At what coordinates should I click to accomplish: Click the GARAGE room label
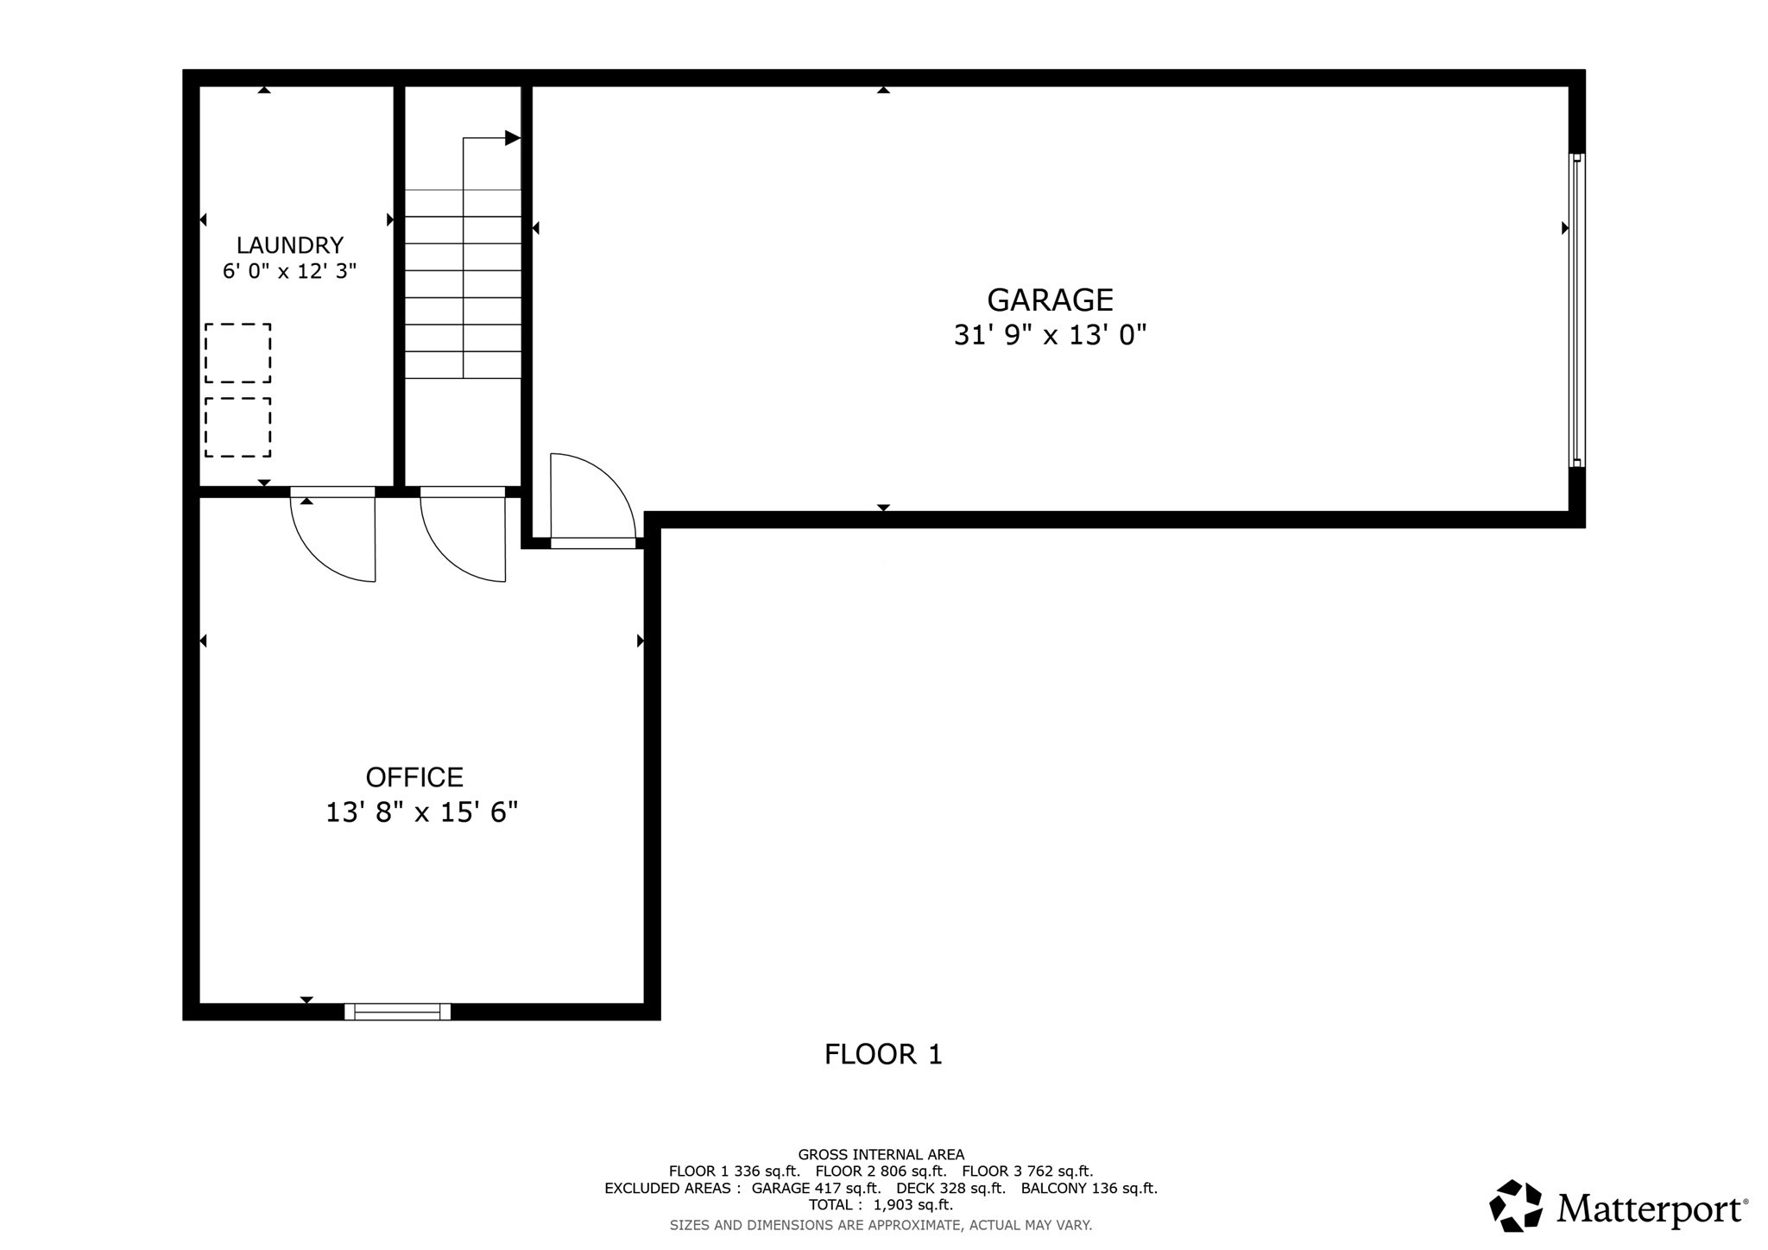tap(1050, 300)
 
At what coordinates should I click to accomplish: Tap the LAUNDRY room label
tap(290, 245)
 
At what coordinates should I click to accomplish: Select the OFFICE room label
tap(414, 777)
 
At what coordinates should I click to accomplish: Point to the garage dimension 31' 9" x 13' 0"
tap(1050, 335)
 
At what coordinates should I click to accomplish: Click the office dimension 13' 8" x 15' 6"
tap(421, 812)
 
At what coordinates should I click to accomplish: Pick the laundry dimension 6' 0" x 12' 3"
tap(290, 271)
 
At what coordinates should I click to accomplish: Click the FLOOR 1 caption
tap(883, 1054)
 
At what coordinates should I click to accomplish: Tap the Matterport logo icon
tap(1516, 1205)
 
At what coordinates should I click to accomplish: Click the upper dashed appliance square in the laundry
tap(237, 353)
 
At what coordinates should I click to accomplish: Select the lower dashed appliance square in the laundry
tap(237, 427)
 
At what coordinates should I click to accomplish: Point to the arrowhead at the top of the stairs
tap(513, 138)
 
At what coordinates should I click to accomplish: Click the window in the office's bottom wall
tap(397, 1012)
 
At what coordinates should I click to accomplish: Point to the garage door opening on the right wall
tap(1577, 311)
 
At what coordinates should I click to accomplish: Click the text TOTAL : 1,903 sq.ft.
tap(881, 1204)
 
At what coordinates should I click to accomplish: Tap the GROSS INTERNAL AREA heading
tap(881, 1154)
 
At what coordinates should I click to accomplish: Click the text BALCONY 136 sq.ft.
tap(1089, 1188)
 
